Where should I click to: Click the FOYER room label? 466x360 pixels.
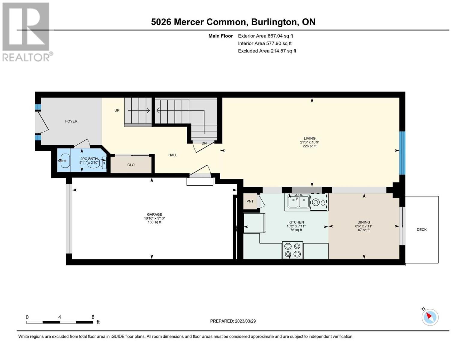click(71, 121)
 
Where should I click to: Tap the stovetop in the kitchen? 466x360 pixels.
click(293, 250)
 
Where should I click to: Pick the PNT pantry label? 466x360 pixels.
click(250, 201)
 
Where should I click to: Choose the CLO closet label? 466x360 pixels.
click(131, 165)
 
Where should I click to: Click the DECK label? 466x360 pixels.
click(422, 229)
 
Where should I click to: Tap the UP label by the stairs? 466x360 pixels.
click(117, 110)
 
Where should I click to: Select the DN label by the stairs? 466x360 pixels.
click(204, 143)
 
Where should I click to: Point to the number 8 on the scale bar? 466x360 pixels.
click(93, 317)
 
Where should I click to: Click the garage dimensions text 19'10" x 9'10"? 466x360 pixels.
click(155, 218)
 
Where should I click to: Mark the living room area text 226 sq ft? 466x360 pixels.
click(310, 146)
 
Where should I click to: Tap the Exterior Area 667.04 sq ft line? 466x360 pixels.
click(266, 36)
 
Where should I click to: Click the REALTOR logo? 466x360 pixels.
click(27, 32)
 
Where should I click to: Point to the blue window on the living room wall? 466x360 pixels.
click(402, 153)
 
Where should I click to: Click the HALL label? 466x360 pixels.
click(173, 155)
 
